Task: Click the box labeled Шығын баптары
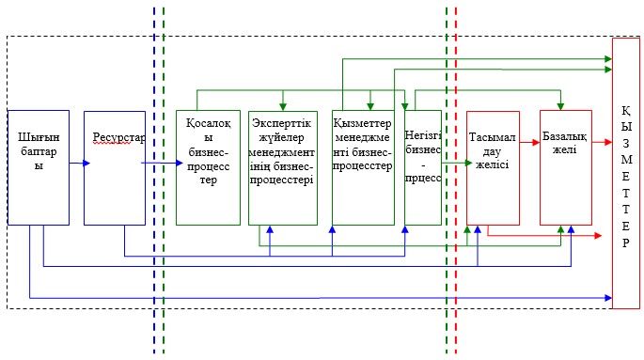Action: (x=39, y=167)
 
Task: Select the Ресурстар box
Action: (x=115, y=167)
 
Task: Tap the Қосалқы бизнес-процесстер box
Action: (x=208, y=167)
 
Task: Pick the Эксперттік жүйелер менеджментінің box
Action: (x=283, y=168)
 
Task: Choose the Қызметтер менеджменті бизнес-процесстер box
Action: (x=363, y=167)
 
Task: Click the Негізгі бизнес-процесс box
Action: (x=423, y=167)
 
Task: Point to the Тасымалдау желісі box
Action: (x=493, y=168)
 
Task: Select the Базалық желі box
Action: (x=566, y=167)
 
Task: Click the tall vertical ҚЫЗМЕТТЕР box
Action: (x=626, y=173)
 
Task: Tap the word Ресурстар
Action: (x=118, y=137)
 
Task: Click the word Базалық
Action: (x=564, y=136)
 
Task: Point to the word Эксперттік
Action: (x=282, y=123)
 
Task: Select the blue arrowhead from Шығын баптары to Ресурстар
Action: (x=86, y=164)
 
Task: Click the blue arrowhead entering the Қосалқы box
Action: (x=179, y=163)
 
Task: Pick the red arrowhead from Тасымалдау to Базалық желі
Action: (x=536, y=143)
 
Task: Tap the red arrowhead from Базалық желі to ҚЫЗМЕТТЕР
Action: (x=608, y=143)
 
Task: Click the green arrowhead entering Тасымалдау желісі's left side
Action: (x=468, y=163)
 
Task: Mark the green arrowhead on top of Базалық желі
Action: (x=560, y=107)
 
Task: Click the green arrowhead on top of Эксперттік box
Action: (x=283, y=107)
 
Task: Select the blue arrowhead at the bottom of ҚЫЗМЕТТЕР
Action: (x=608, y=298)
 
